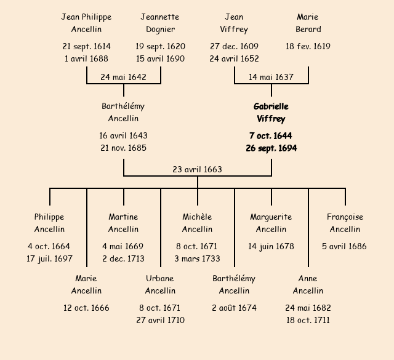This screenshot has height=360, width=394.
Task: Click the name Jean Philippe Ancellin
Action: [86, 23]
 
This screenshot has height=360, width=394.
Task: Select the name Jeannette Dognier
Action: [160, 23]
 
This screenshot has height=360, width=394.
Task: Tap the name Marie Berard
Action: [308, 23]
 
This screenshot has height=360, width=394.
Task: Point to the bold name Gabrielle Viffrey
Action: [271, 113]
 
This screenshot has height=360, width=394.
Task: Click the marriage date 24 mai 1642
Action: [123, 78]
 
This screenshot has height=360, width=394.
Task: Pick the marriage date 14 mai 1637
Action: [271, 78]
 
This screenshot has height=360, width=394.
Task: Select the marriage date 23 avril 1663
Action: [197, 169]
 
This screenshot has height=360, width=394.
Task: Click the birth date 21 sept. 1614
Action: [86, 46]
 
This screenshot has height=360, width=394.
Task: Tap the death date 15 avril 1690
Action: [160, 58]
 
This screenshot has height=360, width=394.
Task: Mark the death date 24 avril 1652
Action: [234, 58]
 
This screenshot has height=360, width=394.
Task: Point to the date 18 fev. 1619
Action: [308, 46]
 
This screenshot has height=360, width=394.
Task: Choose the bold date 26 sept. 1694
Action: [271, 148]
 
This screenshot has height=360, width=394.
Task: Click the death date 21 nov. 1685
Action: [123, 148]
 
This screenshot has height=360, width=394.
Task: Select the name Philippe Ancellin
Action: [49, 223]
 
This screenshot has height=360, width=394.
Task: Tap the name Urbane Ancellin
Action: [160, 284]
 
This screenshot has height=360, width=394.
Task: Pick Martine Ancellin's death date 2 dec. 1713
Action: [123, 258]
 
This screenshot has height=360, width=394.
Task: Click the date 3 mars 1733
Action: [197, 258]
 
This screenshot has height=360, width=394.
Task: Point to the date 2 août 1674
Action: [234, 308]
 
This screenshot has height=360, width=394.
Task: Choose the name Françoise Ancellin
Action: [345, 223]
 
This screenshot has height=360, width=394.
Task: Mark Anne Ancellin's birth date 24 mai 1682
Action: [308, 308]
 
